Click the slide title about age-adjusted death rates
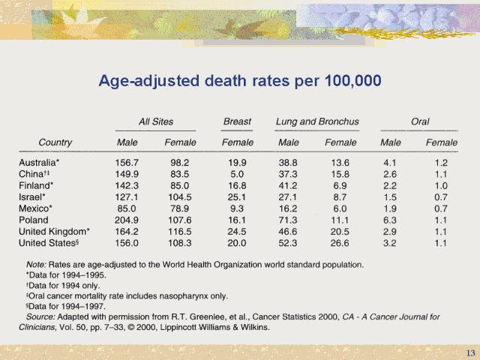(x=240, y=80)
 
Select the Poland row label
(x=34, y=220)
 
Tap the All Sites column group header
(x=155, y=121)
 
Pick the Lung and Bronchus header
(x=317, y=121)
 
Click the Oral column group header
(x=420, y=121)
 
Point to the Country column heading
(x=56, y=142)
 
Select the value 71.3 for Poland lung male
(x=288, y=220)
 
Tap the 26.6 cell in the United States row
(x=340, y=243)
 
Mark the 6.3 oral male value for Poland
(x=389, y=220)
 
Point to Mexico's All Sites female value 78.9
(x=180, y=208)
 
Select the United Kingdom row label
(x=54, y=232)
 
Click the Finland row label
(x=36, y=185)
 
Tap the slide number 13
(x=470, y=352)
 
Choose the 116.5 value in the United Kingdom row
(x=180, y=232)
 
